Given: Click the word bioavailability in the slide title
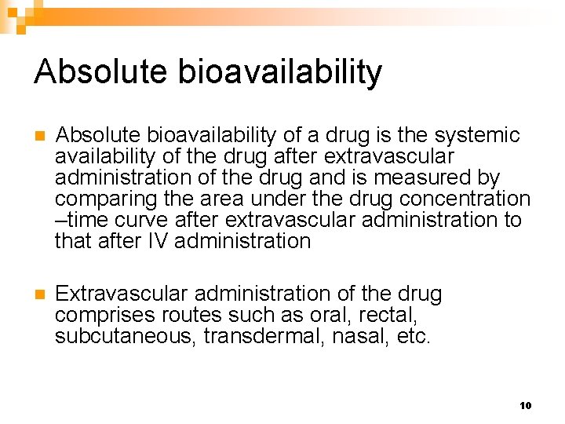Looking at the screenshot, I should pyautogui.click(x=280, y=72).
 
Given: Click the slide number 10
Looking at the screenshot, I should pyautogui.click(x=525, y=405).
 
